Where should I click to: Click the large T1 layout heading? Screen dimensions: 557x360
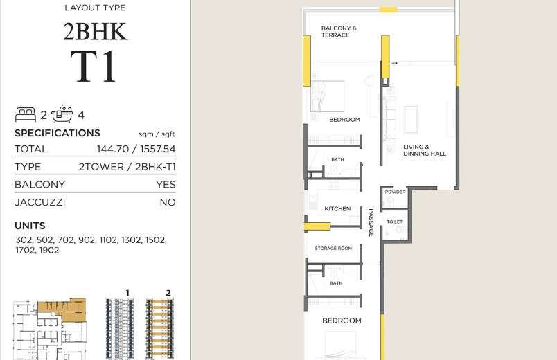point(93,66)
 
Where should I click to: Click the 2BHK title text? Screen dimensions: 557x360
point(95,32)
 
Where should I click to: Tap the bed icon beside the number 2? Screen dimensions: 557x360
point(26,115)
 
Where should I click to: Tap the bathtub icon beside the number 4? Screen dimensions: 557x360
point(62,114)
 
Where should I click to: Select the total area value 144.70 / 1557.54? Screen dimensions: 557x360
point(136,149)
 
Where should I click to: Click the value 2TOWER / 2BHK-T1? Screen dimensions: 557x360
point(127,167)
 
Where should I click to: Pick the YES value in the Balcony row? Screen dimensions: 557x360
point(166,185)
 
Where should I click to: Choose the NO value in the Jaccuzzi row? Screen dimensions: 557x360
point(168,202)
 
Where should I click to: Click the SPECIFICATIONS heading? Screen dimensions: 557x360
point(58,133)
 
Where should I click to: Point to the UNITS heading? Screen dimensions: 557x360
point(30,226)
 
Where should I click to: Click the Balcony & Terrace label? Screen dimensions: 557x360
point(339,32)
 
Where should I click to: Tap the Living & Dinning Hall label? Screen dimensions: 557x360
point(425,150)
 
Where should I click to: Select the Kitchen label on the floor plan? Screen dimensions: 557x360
point(337,209)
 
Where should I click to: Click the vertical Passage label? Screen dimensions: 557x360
point(371,223)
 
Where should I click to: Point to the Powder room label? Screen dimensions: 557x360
point(395,192)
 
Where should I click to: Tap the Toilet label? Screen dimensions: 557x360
point(394,222)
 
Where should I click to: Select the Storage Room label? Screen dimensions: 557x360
point(333,248)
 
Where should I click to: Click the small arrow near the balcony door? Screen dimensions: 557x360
point(394,63)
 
